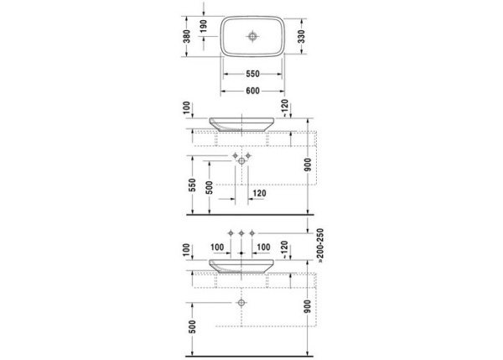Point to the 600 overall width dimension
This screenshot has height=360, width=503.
click(x=252, y=90)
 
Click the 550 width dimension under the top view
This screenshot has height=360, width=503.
click(x=252, y=73)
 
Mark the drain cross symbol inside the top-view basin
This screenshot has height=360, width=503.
click(x=252, y=36)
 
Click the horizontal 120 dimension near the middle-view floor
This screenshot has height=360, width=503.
click(x=259, y=193)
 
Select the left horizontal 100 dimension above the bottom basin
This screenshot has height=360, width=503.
click(x=217, y=247)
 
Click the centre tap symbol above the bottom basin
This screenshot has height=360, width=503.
click(x=242, y=232)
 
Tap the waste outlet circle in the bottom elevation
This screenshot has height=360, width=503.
click(x=242, y=300)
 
